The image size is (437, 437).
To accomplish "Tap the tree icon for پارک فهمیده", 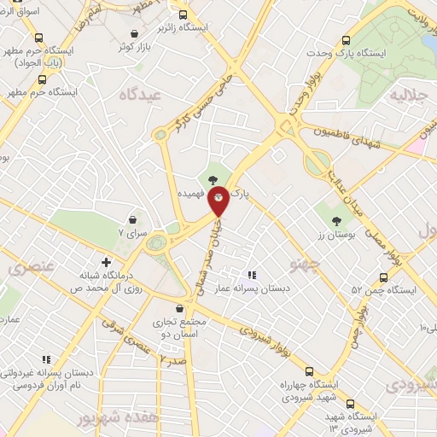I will click(x=211, y=178).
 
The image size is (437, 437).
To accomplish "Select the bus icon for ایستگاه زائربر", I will click(x=183, y=15).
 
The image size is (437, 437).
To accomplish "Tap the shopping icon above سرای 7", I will click(x=132, y=219).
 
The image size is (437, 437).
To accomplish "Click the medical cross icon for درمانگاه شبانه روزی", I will click(x=106, y=262).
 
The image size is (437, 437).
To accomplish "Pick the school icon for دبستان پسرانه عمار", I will click(x=251, y=275).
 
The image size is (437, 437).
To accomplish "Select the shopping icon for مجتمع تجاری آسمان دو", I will click(x=179, y=309).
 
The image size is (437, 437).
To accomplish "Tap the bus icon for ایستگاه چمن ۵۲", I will click(x=384, y=277).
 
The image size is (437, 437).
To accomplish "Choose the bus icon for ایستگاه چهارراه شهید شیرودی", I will click(x=309, y=372).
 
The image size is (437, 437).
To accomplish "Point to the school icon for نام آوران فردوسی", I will click(x=47, y=359).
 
